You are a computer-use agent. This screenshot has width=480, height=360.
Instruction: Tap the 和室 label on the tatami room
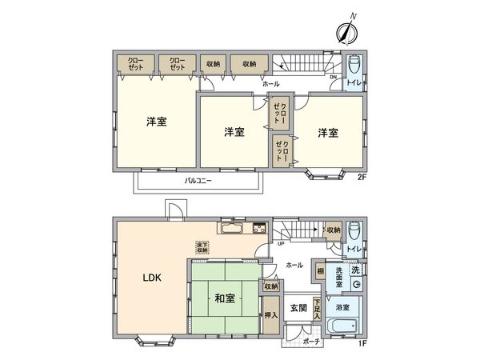223,298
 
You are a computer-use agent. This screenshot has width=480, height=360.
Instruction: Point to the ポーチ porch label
312,342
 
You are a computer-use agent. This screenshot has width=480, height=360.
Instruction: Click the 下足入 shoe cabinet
318,307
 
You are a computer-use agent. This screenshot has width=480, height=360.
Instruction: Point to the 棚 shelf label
319,272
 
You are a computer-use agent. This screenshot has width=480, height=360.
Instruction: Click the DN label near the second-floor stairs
333,78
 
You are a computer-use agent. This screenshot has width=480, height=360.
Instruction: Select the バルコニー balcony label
198,182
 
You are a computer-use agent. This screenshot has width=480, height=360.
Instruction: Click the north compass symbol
347,30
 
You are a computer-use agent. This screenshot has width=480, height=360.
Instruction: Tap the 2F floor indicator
362,177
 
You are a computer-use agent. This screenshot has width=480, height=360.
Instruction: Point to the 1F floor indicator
362,343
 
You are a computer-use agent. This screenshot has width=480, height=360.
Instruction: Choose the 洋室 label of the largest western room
156,122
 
